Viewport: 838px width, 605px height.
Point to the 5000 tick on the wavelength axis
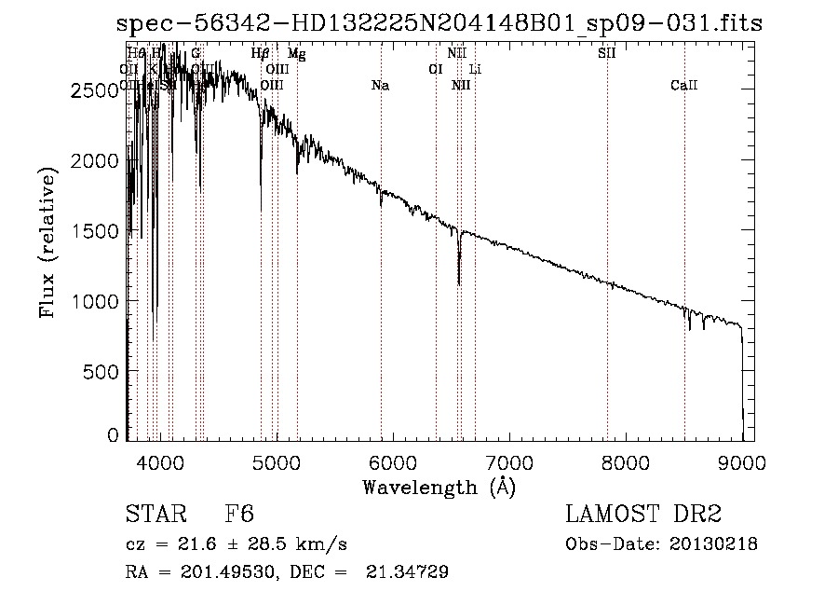point(277,461)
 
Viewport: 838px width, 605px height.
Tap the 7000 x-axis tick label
point(509,461)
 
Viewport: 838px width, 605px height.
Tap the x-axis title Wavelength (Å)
point(439,487)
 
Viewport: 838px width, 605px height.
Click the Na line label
point(380,86)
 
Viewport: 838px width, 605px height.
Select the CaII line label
point(683,86)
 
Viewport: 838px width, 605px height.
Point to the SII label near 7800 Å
point(606,53)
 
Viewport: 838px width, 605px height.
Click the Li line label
point(475,69)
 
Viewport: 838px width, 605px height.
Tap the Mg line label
point(296,53)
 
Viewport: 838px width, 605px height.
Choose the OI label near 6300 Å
point(435,69)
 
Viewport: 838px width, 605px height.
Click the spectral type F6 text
point(239,516)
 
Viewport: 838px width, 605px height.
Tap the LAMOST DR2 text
point(642,516)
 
